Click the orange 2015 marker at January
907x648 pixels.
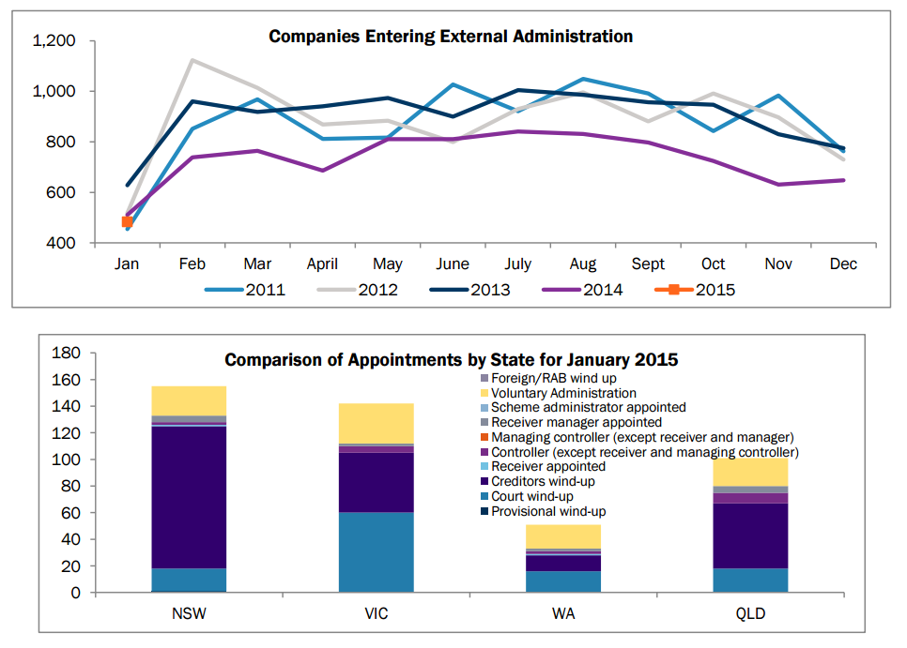127,222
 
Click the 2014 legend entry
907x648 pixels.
601,290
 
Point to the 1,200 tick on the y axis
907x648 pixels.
53,41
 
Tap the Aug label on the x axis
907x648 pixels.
583,264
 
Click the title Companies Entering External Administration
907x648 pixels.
451,37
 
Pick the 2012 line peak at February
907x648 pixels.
192,60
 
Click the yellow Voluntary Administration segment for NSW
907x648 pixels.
189,400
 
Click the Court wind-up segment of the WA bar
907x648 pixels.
563,581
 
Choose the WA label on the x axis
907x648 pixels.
563,616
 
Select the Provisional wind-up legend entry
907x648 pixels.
550,511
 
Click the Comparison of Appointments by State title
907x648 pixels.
451,359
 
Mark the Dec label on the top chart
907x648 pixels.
843,264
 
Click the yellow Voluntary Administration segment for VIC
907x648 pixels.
377,423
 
